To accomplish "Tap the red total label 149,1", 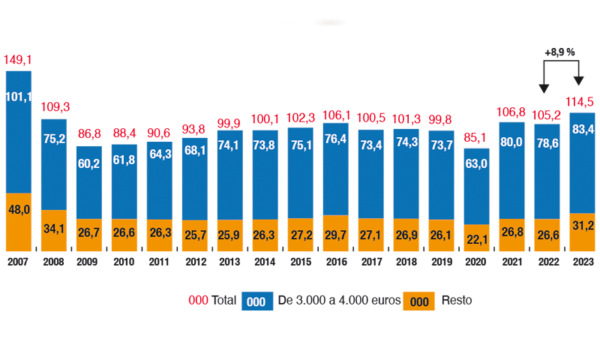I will [x=18, y=59].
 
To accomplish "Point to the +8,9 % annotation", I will [x=559, y=52].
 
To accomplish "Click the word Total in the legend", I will [x=224, y=300].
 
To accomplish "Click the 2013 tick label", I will [x=229, y=262].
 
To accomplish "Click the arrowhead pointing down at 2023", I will [x=578, y=82].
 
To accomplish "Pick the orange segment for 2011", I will [x=159, y=235].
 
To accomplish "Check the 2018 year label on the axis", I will [x=406, y=262].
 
